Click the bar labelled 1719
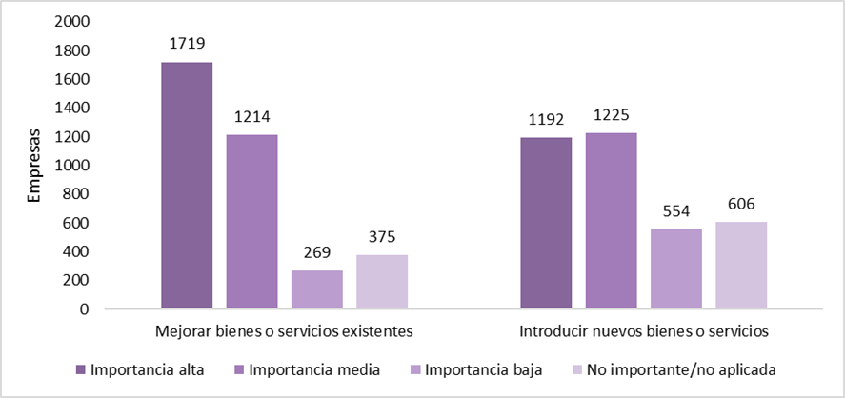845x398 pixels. (187, 186)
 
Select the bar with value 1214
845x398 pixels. (251, 222)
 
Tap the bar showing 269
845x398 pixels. (316, 289)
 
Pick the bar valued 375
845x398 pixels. (381, 282)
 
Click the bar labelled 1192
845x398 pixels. (547, 223)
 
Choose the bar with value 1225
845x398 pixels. (612, 221)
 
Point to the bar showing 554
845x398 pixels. (676, 269)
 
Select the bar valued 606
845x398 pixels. (741, 265)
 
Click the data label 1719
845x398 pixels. (187, 43)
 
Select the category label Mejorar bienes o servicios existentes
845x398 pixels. (284, 334)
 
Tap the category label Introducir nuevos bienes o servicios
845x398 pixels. (644, 334)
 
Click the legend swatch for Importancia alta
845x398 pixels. (83, 368)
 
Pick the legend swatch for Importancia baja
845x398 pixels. (416, 368)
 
